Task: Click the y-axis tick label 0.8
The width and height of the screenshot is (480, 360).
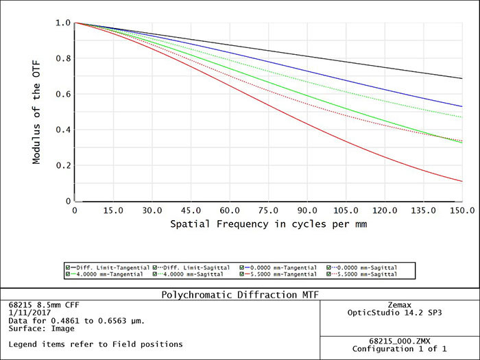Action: point(63,58)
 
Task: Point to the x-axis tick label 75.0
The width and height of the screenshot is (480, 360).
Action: point(269,210)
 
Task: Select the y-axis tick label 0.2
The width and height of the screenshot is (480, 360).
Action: point(63,165)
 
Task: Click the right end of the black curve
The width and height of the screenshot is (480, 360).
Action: point(461,78)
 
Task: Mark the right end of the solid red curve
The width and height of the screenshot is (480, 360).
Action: point(461,182)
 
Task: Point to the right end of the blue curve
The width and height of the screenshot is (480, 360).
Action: point(461,106)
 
